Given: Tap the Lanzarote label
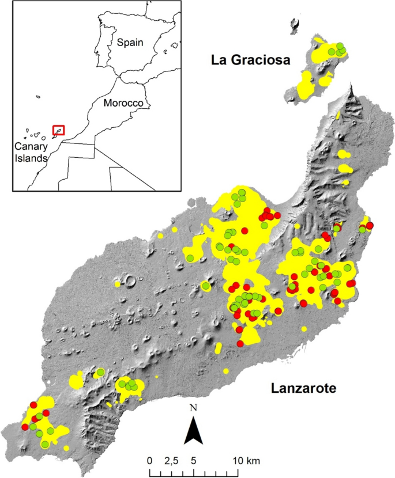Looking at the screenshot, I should pyautogui.click(x=303, y=389).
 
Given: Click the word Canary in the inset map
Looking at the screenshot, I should pyautogui.click(x=31, y=146).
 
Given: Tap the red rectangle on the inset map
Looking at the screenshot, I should pyautogui.click(x=58, y=130).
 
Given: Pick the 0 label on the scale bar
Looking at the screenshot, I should pyautogui.click(x=150, y=461).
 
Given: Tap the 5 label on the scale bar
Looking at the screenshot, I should pyautogui.click(x=194, y=461).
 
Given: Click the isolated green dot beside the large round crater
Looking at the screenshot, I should pyautogui.click(x=206, y=286).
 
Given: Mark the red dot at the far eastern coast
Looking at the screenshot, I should pyautogui.click(x=370, y=225).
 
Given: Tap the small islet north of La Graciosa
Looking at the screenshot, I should pyautogui.click(x=295, y=25).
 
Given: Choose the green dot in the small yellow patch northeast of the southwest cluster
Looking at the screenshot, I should pyautogui.click(x=100, y=372).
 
